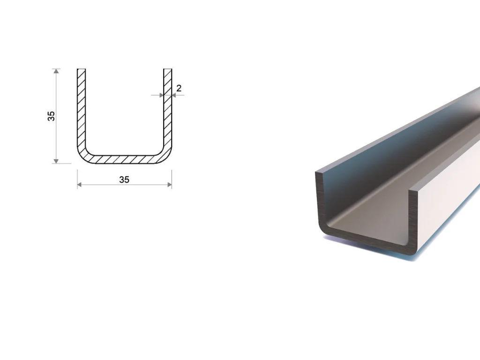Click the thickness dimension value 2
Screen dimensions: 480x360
(x=179, y=88)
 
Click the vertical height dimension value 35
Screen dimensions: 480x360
(x=51, y=116)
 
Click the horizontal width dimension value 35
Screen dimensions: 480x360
(x=124, y=180)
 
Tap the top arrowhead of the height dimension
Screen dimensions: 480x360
(x=56, y=71)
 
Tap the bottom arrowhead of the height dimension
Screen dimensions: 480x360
(x=56, y=161)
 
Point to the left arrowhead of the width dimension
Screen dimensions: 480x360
(x=79, y=185)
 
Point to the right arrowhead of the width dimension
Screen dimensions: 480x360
(x=170, y=185)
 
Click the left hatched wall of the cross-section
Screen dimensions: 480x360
(x=81, y=107)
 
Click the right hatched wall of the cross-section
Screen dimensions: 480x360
(x=168, y=107)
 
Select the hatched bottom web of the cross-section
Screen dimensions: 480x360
(x=124, y=159)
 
